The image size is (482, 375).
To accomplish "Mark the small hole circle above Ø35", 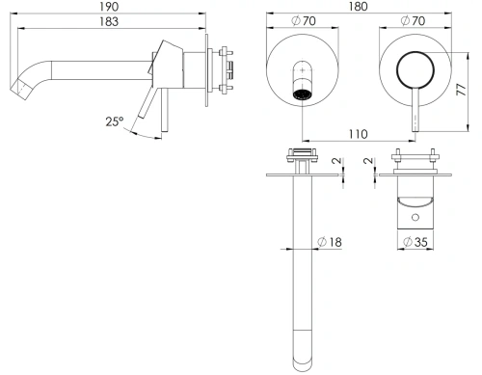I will point(410,220).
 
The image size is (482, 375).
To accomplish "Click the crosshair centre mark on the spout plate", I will point(303,72).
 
